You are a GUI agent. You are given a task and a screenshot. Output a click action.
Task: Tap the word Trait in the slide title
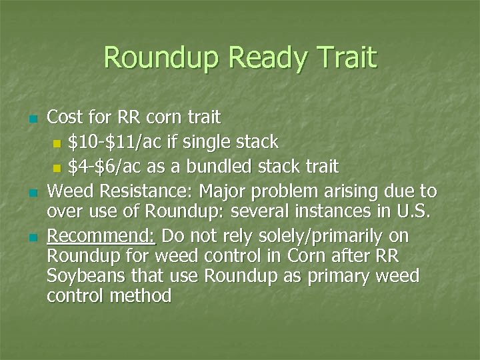pyautogui.click(x=345, y=58)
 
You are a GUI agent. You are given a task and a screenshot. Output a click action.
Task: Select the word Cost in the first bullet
pyautogui.click(x=65, y=118)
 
